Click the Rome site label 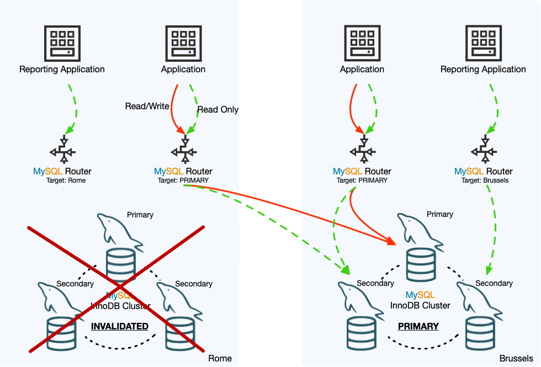point(220,359)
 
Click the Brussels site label point(516,359)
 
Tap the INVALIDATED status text point(120,326)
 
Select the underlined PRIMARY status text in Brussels point(418,326)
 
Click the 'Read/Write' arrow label point(147,107)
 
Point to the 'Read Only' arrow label point(218,109)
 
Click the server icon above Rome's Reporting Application point(62,43)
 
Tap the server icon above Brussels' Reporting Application point(484,43)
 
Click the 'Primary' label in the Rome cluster point(140,215)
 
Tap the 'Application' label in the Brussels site point(362,70)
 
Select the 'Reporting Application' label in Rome point(62,70)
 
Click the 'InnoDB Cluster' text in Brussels point(421,305)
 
